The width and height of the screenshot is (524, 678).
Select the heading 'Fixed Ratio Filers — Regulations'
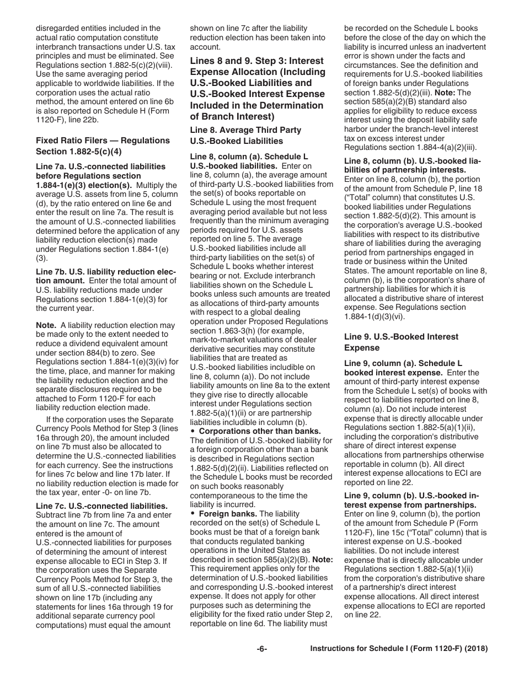tap(103, 141)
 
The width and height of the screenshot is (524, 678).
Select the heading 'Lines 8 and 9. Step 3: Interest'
tap(257, 61)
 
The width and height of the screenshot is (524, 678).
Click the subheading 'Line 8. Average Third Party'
tap(245, 130)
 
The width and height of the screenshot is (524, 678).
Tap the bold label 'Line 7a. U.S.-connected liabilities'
tap(100, 166)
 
